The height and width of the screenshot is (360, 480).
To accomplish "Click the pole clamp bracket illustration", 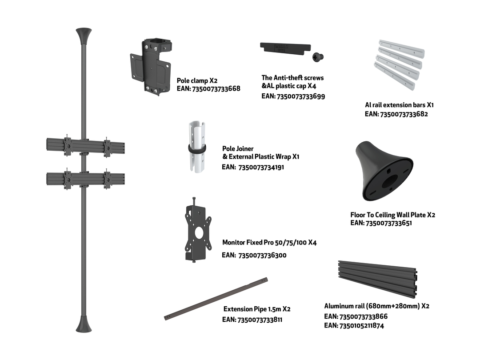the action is point(151,66).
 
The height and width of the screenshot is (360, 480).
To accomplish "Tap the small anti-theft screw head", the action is point(318,56).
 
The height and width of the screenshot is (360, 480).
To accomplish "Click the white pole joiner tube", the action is point(197,147).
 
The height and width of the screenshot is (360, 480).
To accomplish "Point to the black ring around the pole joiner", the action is point(197,149).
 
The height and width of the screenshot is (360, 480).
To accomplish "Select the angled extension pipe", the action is point(216,299).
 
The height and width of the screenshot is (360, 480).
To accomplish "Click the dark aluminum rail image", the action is point(378,279).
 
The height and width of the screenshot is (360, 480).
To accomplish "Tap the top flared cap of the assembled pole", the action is point(84,36).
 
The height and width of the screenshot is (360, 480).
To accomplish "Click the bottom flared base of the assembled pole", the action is point(84,324).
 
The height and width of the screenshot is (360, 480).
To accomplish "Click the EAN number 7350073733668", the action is point(216,89).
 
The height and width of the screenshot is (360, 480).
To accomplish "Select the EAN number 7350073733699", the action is point(300,96).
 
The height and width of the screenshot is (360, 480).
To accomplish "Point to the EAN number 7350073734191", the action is point(261,168).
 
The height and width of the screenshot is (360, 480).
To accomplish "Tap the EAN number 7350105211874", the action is point(361,326).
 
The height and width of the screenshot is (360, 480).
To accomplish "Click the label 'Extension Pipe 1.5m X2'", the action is point(257,309).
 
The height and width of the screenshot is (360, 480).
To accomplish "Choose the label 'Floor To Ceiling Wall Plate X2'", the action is point(393,215).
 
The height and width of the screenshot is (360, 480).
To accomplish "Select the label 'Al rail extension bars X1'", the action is point(399,105).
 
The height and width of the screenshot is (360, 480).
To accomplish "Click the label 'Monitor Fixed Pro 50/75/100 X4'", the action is point(269,243).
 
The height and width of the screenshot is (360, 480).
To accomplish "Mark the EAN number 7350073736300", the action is point(262,255).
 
